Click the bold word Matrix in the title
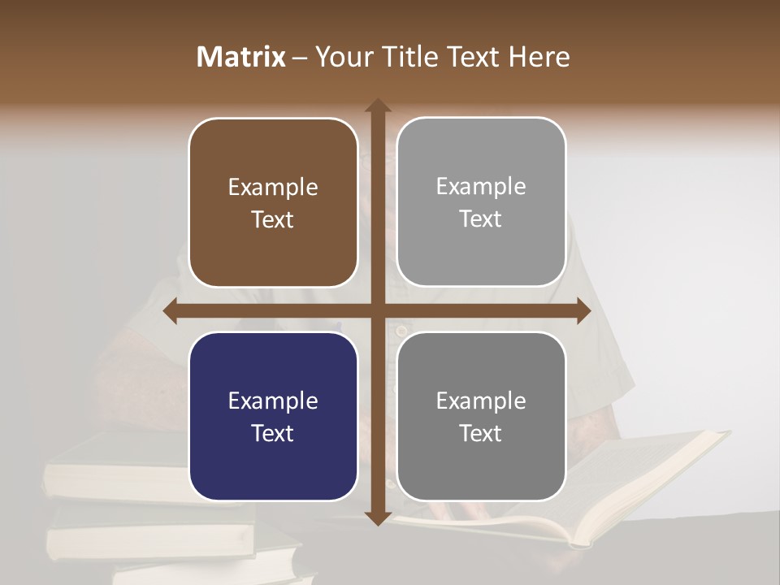pos(241,57)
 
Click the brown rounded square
pos(273,203)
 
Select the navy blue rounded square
pos(273,416)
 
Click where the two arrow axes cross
pos(378,311)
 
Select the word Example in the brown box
pos(273,188)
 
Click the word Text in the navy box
pos(273,433)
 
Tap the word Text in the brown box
pos(273,220)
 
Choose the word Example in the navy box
pos(273,401)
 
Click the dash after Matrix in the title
pos(300,58)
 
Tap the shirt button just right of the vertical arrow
pos(399,330)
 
